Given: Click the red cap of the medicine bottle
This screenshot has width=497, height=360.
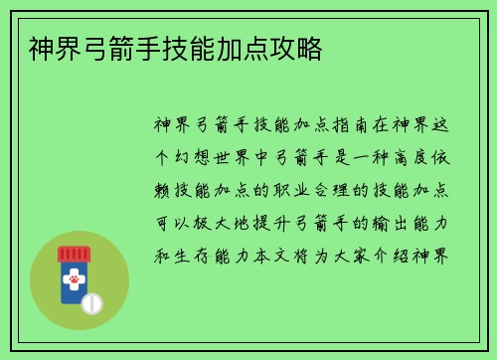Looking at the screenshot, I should (75, 254).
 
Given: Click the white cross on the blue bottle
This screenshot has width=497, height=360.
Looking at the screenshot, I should (75, 281).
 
